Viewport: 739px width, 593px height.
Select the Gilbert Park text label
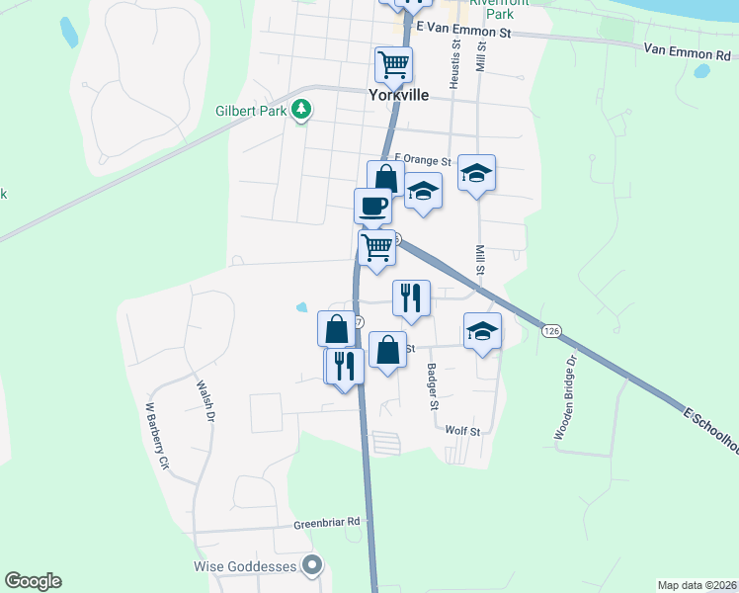251,112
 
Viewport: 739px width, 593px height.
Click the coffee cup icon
372,206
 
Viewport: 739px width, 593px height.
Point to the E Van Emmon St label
462,32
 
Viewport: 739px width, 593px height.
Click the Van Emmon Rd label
689,48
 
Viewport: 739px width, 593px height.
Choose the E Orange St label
423,160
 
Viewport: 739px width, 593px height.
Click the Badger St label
432,386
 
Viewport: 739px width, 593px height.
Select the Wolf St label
461,431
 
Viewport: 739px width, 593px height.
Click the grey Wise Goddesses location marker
313,566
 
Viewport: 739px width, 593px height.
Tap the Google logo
34,581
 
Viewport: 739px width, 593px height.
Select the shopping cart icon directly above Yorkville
393,65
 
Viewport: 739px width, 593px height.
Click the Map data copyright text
697,584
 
